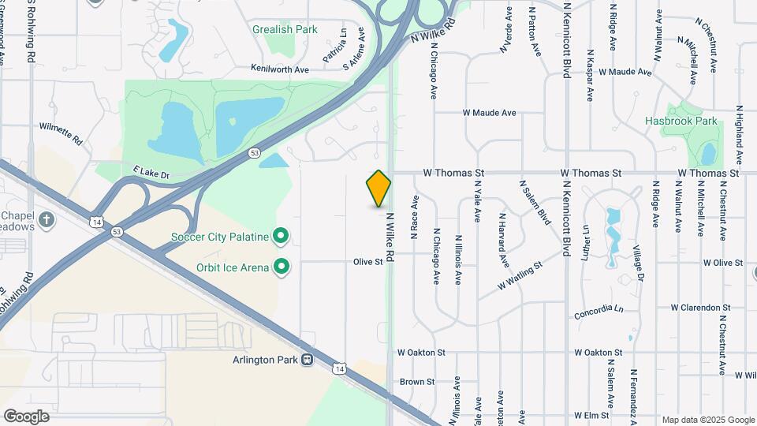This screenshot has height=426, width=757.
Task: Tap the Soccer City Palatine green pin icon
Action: point(280,236)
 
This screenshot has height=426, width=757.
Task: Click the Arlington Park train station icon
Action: point(307,360)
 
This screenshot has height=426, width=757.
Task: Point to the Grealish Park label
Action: point(285,30)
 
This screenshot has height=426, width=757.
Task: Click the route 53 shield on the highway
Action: point(253,153)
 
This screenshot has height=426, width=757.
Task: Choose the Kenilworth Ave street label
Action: point(280,69)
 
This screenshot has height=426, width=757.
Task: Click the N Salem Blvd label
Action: point(534,203)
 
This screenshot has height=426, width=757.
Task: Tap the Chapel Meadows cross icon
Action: point(47,219)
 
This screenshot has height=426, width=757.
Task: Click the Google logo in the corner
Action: point(26,417)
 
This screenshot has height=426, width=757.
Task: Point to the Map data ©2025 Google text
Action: point(708,420)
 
